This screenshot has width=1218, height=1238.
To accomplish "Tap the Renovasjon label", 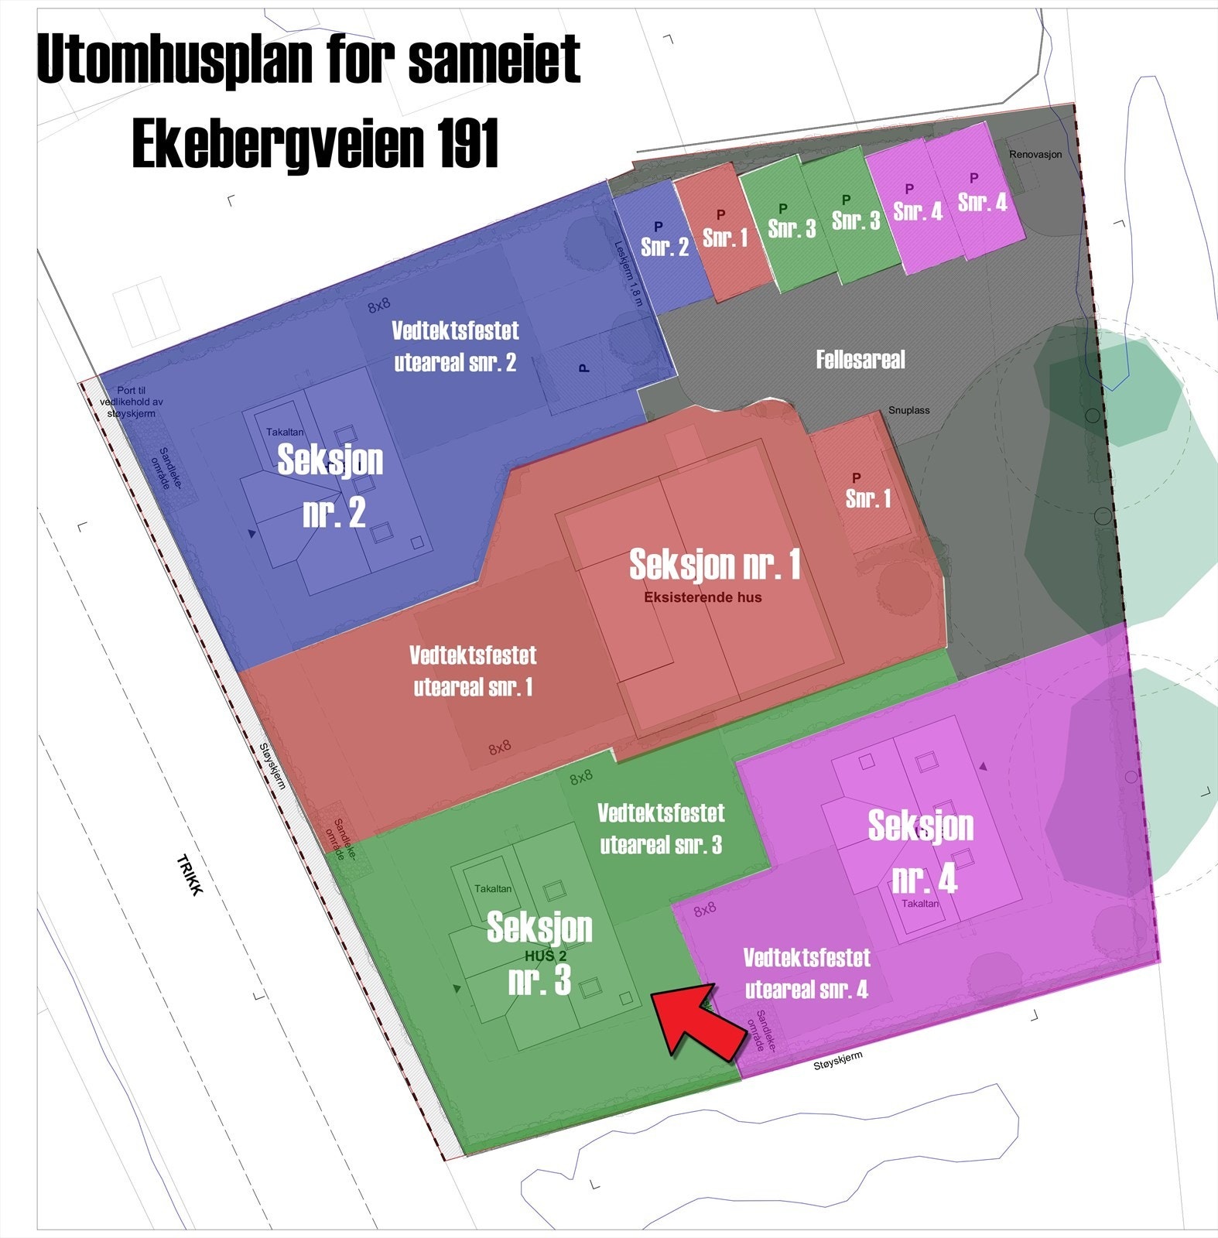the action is click(1035, 155).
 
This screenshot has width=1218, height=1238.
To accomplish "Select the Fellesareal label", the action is click(860, 360).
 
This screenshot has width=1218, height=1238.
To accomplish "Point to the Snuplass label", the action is click(908, 410).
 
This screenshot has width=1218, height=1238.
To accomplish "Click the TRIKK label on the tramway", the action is click(190, 874).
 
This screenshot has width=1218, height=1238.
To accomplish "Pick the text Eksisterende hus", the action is click(703, 597).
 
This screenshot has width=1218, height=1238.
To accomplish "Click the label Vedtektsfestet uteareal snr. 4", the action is click(806, 973).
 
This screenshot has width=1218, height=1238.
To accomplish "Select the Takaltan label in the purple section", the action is click(920, 903).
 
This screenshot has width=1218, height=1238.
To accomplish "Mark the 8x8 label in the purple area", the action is click(704, 910).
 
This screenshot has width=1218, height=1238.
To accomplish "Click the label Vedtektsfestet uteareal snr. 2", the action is click(455, 347).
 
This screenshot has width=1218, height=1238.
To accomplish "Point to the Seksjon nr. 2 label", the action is click(331, 485).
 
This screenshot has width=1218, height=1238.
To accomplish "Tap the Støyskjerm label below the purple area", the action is click(837, 1060).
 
